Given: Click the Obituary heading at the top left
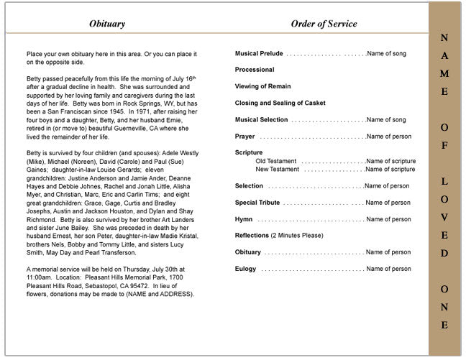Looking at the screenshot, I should tap(107, 24).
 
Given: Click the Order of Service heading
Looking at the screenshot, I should tap(324, 24).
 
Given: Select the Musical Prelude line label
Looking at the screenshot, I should tap(259, 54).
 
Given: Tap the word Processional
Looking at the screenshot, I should tap(255, 70).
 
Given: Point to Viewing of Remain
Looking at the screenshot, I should tap(264, 86).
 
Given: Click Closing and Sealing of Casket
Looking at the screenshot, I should tap(280, 103).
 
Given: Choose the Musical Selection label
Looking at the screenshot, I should tap(261, 120).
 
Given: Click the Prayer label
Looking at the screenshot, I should tap(245, 137).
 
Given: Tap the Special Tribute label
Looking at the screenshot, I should tap(257, 203).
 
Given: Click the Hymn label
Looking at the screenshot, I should tap(244, 219).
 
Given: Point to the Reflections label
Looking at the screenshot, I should tap(252, 236).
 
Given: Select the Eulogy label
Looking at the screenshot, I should tap(245, 269).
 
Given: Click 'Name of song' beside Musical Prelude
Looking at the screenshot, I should tap(386, 54).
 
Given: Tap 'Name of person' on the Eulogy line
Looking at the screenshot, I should tap(388, 269).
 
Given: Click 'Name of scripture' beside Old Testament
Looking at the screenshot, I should tap(390, 161).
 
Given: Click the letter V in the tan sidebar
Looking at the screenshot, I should tap(444, 217).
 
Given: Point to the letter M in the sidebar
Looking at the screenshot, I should tap(444, 74).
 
